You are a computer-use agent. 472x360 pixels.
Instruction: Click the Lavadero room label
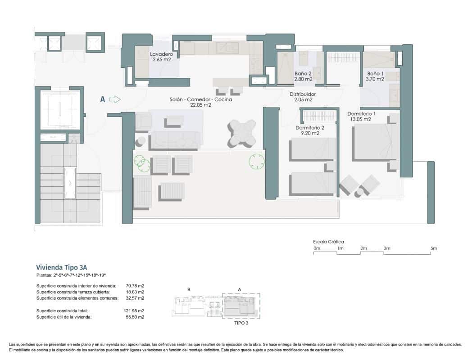tap(161, 54)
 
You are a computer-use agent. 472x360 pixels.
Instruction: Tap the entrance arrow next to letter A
tap(115, 100)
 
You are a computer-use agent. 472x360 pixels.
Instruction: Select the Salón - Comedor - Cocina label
tap(201, 99)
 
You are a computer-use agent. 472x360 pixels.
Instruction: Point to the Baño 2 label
tap(303, 73)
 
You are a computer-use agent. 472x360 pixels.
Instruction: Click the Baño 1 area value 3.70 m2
tap(375, 79)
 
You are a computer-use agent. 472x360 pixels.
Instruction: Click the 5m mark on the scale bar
tap(433, 248)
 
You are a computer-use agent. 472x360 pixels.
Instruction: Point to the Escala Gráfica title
tap(328, 242)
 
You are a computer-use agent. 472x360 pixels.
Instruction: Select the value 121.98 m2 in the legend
tap(135, 311)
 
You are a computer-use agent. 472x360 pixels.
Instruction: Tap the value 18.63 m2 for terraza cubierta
tap(135, 292)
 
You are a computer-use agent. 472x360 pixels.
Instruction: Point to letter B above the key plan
tap(188, 290)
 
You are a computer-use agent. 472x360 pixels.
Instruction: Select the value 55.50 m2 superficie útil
tap(135, 317)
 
